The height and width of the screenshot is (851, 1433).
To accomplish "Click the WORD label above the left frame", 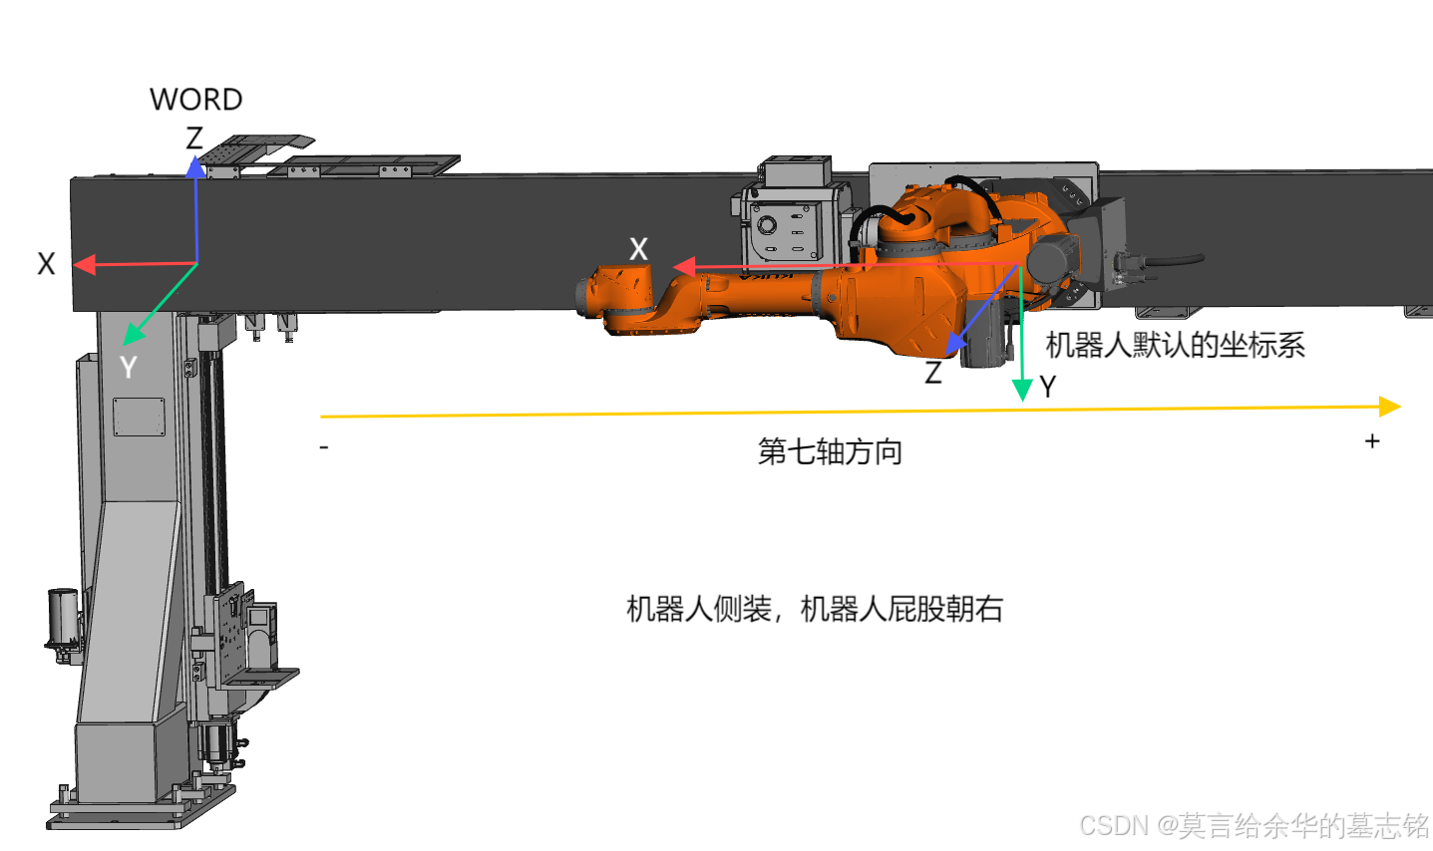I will [195, 100].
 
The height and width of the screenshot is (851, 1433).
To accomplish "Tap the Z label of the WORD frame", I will [194, 139].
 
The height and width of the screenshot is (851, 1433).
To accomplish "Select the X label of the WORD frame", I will [46, 264].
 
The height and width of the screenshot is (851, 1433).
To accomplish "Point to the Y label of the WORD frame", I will [128, 368].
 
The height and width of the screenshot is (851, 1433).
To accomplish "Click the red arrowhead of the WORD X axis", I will [84, 265].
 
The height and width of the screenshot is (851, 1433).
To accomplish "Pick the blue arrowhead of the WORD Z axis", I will [196, 165].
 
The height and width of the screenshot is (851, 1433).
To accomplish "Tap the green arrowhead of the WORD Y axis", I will [133, 334].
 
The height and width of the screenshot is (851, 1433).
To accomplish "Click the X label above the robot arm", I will [638, 249].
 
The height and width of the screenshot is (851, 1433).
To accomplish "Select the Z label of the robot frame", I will [933, 373].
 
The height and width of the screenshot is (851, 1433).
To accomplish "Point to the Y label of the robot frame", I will [1047, 387].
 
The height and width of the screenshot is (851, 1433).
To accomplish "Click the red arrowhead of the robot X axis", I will [683, 267].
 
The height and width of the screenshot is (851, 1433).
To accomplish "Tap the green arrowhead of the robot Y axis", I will [1022, 390].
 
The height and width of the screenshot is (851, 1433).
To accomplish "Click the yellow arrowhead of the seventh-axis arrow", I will [1390, 406].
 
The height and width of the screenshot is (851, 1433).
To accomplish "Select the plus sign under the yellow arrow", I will [1372, 440].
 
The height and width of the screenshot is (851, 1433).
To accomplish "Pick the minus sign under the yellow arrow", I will [324, 448].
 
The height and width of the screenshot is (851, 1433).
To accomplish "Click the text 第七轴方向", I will [830, 451].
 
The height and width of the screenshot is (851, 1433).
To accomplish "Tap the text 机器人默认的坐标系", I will [1175, 346].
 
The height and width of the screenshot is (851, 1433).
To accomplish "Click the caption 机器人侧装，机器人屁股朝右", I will [814, 609].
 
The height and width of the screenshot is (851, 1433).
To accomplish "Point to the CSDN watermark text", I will [1254, 826].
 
